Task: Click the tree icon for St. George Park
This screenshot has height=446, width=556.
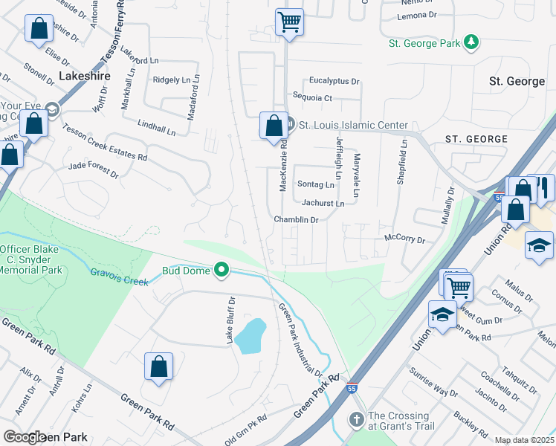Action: pos(471,43)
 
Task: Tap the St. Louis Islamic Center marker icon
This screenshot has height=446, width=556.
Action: pos(291,124)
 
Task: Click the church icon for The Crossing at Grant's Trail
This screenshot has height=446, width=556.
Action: pos(357,421)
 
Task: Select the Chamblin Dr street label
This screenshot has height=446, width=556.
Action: pos(296,220)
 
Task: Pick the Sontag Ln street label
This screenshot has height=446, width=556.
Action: pos(316,184)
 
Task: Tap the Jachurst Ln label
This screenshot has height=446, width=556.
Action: pos(323,203)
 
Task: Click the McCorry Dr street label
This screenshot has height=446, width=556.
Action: pos(404,239)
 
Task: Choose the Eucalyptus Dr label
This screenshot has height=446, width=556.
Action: pos(334,81)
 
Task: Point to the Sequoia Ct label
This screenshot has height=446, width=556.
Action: pos(312,97)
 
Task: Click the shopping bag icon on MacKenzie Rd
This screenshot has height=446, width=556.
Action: pos(274,124)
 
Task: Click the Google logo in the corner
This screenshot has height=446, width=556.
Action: pos(24,437)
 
